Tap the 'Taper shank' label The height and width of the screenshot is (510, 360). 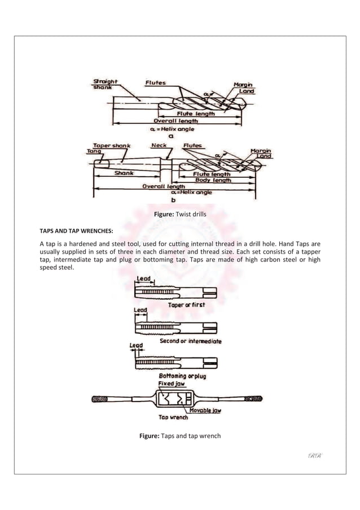[x=112, y=145]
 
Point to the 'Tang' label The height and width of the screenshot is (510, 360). [x=91, y=151]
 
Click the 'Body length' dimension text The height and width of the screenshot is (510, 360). [x=212, y=180]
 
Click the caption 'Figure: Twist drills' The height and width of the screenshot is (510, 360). [x=180, y=215]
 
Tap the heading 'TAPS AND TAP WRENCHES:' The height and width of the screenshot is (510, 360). [x=76, y=231]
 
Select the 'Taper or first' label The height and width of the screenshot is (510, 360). [x=186, y=304]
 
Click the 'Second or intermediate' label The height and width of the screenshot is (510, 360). [x=191, y=341]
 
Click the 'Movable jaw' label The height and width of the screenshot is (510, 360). [x=205, y=411]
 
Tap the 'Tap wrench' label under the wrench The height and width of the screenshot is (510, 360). [x=173, y=418]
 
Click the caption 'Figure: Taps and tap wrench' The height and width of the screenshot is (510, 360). [x=180, y=436]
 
